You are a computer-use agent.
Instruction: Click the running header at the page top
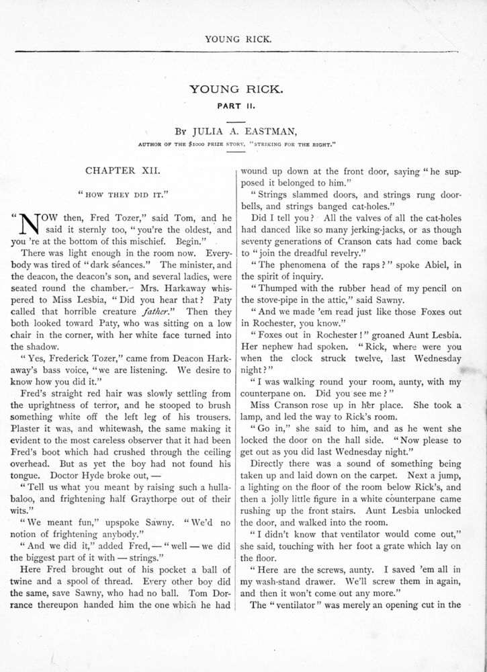coord(243,39)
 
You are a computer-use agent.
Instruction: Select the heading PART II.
coord(243,105)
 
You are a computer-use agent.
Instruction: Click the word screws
coord(322,567)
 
